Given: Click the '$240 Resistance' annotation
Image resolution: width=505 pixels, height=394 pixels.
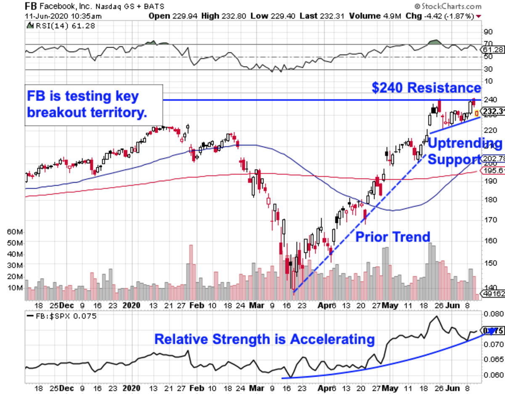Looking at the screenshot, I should click(x=426, y=88).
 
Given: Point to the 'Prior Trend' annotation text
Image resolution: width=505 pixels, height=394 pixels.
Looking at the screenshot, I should click(x=393, y=237).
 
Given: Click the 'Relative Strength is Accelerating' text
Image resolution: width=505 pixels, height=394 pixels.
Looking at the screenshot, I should click(x=264, y=339).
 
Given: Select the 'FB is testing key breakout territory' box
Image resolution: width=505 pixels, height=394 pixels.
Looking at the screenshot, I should click(x=93, y=105).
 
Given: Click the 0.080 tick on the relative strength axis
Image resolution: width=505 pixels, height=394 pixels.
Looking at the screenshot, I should click(x=492, y=314).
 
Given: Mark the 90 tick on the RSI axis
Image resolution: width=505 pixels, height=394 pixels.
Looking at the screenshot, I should click(x=488, y=32).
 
